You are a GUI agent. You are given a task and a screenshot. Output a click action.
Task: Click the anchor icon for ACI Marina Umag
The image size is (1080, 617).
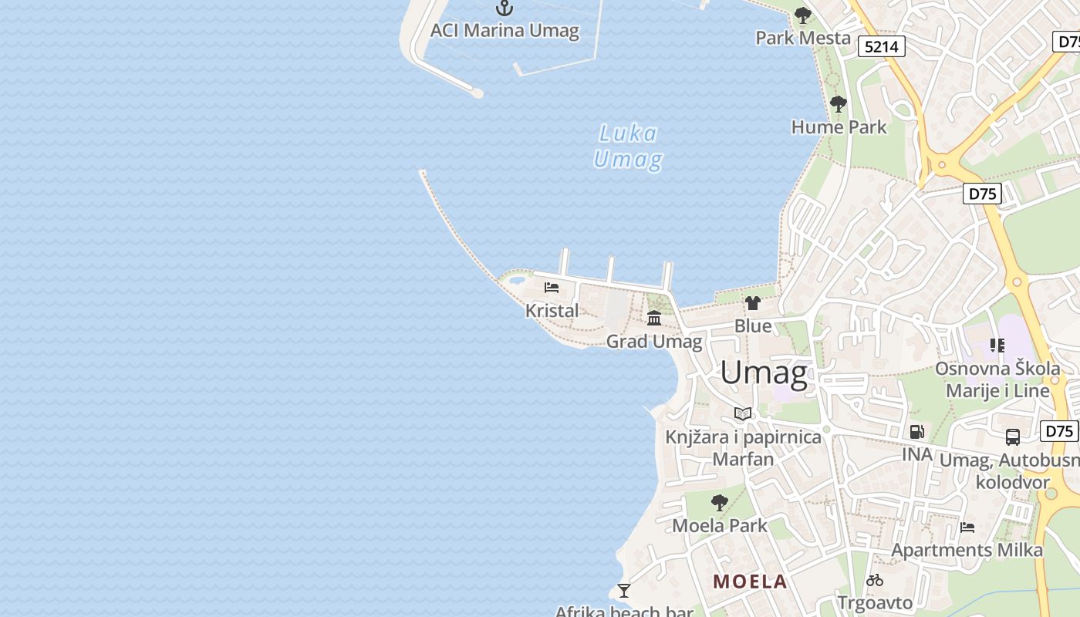[x=504, y=8]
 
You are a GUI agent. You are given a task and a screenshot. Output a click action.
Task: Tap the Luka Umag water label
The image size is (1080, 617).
[x=628, y=147]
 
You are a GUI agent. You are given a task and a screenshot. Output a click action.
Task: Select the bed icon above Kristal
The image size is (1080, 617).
[x=552, y=288]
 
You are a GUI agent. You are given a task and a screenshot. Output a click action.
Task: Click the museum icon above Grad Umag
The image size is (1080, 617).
[x=654, y=318]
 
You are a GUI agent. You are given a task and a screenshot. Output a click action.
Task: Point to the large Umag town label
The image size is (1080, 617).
[x=764, y=373]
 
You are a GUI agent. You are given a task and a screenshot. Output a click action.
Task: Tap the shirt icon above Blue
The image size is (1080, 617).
[x=753, y=303]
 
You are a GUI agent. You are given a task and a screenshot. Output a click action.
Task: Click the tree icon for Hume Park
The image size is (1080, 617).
[x=839, y=104]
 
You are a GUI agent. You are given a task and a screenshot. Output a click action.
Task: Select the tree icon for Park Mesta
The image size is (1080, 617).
[x=803, y=15]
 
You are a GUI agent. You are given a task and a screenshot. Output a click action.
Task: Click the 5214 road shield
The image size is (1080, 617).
[x=882, y=46]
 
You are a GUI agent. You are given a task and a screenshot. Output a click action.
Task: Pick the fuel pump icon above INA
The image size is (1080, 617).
[x=916, y=432]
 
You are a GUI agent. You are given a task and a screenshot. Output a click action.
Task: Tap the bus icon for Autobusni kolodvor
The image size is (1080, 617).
[x=1013, y=437]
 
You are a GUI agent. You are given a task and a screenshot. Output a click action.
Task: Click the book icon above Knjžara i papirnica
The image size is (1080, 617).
[x=743, y=414]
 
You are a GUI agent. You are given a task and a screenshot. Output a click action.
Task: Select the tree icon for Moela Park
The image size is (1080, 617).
[x=719, y=503]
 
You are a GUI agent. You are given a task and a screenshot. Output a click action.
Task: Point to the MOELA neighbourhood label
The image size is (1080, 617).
[x=750, y=582]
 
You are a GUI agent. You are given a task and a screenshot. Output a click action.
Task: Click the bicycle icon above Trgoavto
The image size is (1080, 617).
[x=875, y=580]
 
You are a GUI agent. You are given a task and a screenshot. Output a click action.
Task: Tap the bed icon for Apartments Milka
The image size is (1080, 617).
[x=967, y=528]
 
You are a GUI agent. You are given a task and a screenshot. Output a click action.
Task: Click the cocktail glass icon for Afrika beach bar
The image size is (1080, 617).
[x=624, y=591]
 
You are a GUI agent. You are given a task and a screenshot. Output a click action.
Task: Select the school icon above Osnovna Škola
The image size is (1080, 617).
[x=997, y=346]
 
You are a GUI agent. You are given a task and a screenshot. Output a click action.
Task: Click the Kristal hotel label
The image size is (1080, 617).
[x=552, y=311]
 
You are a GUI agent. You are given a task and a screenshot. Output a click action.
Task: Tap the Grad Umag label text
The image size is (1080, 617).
[x=654, y=341]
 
